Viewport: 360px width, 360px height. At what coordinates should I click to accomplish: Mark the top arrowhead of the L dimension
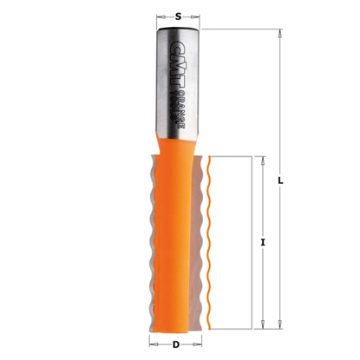[281, 34]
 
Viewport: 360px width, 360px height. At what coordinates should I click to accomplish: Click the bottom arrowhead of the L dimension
[281, 327]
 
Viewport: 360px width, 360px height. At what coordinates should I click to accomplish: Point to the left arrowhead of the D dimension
[157, 344]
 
